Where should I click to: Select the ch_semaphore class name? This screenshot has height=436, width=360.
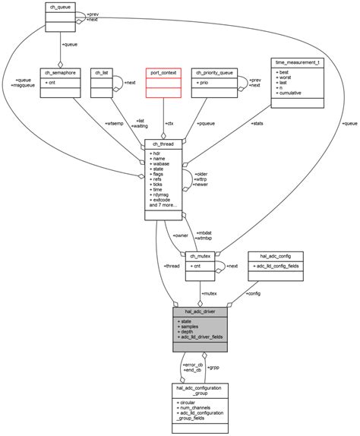[62, 73]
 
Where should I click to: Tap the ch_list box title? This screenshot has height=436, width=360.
[101, 73]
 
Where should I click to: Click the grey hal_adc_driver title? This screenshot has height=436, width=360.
[200, 311]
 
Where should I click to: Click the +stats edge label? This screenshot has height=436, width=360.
[257, 123]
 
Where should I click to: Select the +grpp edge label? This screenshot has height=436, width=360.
[213, 368]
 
